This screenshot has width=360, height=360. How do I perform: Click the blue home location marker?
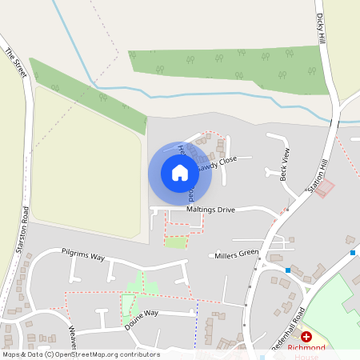[180, 172]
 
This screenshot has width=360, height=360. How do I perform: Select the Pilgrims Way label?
[83, 255]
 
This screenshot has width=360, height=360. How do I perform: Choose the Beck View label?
[284, 164]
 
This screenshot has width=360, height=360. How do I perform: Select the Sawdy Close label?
[218, 162]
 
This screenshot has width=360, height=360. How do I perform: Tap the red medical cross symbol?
[306, 337]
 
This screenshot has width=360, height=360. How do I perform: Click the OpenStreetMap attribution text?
[80, 354]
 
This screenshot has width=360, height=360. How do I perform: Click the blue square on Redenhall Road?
[288, 270]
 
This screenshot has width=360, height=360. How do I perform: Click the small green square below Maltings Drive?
[175, 242]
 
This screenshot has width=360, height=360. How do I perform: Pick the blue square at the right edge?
[352, 253]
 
